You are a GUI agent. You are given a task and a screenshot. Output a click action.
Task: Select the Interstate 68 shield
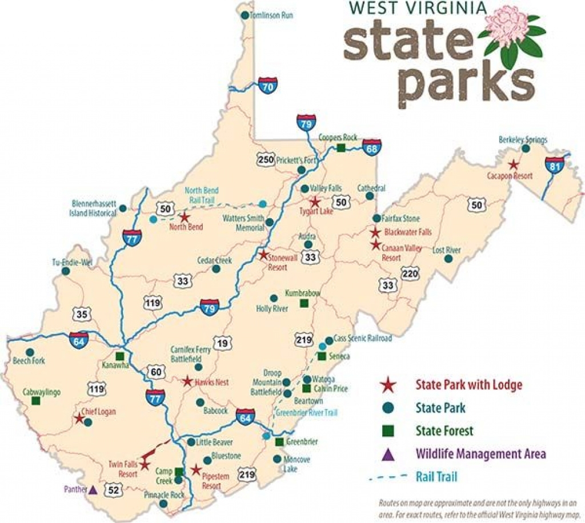(371, 147)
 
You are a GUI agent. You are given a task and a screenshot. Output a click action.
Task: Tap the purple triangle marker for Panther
(93, 489)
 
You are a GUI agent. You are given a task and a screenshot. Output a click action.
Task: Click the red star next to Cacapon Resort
(514, 164)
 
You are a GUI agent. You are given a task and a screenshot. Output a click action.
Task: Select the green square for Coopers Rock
(340, 148)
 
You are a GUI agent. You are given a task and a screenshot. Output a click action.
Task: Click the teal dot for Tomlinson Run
(245, 15)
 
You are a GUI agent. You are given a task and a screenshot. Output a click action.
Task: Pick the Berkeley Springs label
(523, 139)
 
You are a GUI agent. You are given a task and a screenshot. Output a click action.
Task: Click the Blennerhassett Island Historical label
(94, 208)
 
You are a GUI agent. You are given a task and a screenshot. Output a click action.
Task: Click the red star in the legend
(389, 385)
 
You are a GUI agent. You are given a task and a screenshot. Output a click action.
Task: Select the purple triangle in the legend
(388, 454)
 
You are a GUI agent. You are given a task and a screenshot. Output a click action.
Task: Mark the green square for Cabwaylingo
(36, 401)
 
